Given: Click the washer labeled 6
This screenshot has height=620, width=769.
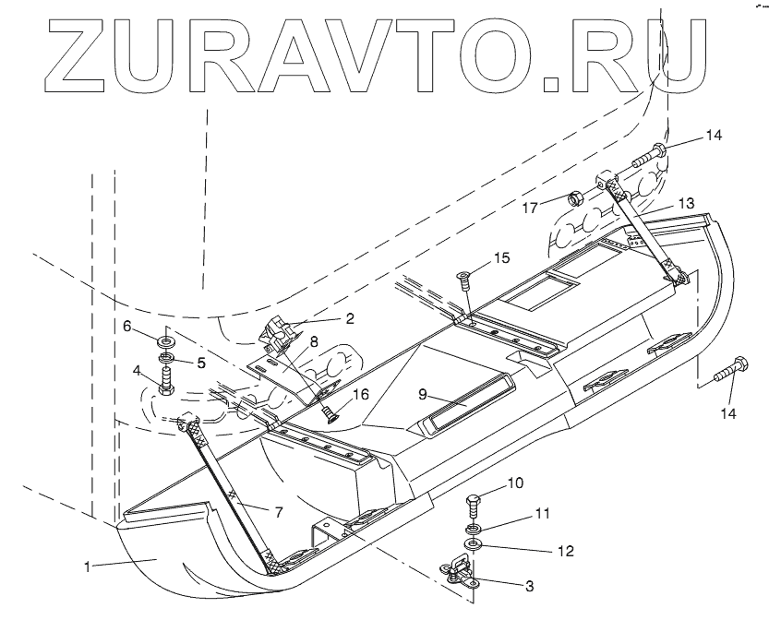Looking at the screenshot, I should point(167,334).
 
